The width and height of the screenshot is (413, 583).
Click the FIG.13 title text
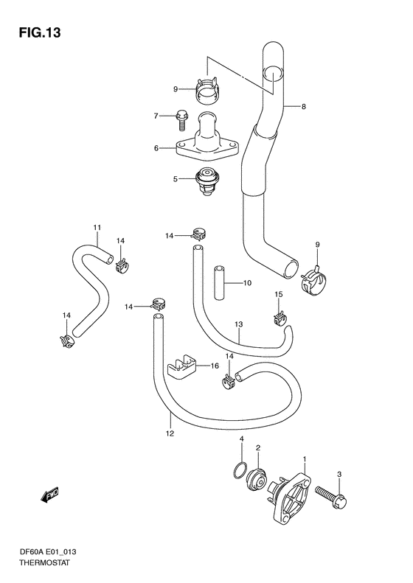(39, 32)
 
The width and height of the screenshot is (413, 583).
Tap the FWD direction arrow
(49, 495)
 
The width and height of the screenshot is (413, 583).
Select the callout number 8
(304, 107)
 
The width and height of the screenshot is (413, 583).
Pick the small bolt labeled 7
(181, 119)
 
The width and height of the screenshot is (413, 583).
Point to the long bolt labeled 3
(331, 495)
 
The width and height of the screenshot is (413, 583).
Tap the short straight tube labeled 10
(219, 282)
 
